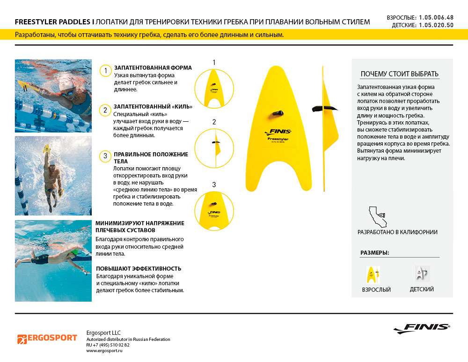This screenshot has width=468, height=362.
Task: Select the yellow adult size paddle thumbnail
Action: click(x=373, y=274)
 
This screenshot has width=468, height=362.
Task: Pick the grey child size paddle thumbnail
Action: click(x=422, y=273)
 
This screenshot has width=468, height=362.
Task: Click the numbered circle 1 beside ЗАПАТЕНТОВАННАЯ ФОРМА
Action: click(x=106, y=71)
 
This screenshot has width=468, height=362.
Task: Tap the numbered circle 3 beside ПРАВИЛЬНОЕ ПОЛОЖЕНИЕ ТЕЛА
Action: click(x=106, y=156)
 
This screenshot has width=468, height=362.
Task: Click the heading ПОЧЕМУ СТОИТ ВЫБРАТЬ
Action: click(x=400, y=74)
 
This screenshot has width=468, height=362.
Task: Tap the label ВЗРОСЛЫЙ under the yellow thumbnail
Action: click(x=376, y=289)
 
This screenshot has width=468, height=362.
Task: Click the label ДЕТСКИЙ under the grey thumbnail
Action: click(x=422, y=289)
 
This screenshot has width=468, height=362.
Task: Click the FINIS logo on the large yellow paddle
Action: click(x=278, y=132)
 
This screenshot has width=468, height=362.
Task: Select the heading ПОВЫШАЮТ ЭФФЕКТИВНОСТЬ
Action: click(x=139, y=269)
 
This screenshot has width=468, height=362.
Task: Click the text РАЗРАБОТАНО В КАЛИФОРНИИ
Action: click(x=397, y=232)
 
